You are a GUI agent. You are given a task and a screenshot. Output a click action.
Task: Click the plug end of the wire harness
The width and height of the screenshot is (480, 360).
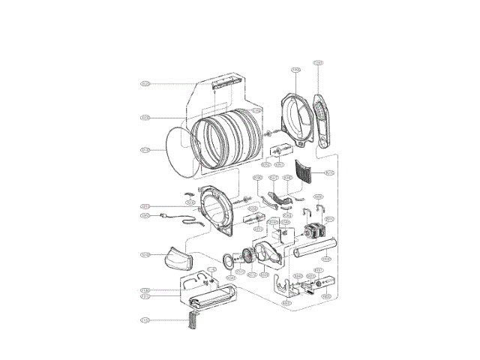164,217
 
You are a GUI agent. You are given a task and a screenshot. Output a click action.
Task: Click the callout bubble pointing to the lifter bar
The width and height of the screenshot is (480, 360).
145,83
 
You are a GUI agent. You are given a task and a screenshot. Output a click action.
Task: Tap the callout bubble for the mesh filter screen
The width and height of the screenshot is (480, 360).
329,173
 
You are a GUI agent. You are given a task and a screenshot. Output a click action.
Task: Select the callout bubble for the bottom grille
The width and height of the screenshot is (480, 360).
145,320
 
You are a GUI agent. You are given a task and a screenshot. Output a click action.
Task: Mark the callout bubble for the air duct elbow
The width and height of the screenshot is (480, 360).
145,255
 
